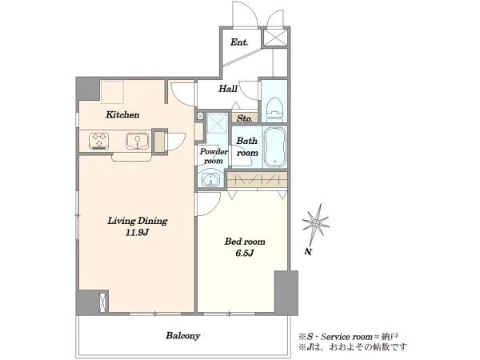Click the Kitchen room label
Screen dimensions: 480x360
122,114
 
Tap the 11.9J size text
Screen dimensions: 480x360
137,233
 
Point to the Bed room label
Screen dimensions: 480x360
245,242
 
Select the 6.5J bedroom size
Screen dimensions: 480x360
245,254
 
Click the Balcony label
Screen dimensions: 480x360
183,336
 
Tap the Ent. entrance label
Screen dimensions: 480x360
239,42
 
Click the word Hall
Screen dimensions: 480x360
228,89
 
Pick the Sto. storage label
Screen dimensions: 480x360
245,118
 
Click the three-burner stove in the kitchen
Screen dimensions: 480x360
99,141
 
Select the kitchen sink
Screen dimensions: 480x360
137,141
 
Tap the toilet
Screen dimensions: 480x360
274,107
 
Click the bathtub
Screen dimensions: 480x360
275,147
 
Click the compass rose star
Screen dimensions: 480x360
316,224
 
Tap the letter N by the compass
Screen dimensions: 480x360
308,252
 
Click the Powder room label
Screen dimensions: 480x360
214,156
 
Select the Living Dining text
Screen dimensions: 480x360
137,221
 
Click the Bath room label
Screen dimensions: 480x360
247,147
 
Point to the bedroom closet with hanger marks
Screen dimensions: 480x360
258,180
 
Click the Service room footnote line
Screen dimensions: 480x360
348,337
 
